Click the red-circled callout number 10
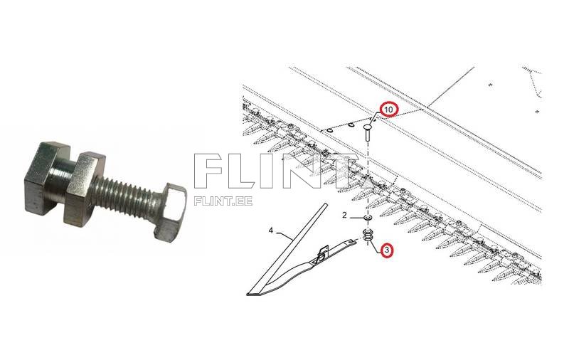[388, 110]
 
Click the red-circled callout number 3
[387, 250]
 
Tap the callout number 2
[344, 215]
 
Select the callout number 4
[271, 231]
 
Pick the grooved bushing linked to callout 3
[367, 235]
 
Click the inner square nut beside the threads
[83, 189]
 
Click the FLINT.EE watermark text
[223, 201]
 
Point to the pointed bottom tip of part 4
[248, 295]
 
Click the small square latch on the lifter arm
[322, 254]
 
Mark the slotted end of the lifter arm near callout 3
[353, 240]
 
